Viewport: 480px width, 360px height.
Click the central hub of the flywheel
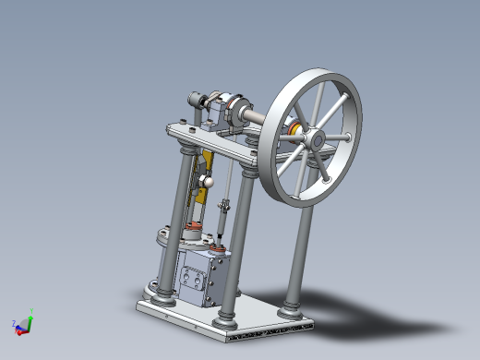click(x=314, y=139)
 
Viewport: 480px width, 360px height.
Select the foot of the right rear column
click(x=293, y=306)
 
